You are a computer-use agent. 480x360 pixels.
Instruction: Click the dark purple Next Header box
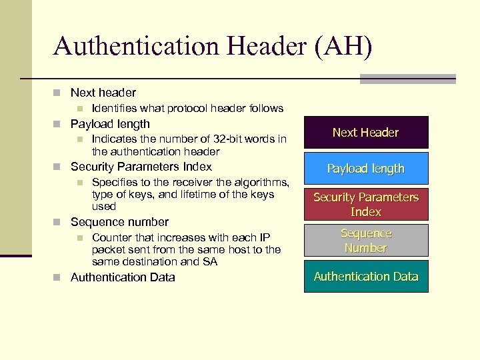365,132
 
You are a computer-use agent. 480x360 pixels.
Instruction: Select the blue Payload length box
365,169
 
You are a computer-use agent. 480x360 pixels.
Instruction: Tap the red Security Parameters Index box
365,205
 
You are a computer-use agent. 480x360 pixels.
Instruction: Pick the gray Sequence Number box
365,241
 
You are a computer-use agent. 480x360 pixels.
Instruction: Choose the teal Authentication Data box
365,276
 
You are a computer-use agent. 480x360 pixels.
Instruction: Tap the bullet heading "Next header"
103,93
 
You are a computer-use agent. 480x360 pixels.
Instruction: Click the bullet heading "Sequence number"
119,222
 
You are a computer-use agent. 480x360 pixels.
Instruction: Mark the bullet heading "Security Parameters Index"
141,167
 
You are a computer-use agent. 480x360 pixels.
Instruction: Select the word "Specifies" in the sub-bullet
115,182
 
